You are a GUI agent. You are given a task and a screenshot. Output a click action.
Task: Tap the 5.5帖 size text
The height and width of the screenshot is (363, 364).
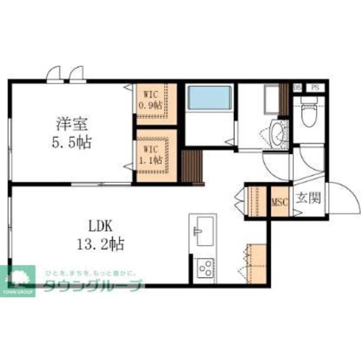coord(72,142)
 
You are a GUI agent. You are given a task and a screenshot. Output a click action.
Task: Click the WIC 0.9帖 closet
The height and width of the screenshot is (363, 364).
coord(153,101)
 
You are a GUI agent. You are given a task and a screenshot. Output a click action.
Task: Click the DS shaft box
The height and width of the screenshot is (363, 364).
coord(297,88)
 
